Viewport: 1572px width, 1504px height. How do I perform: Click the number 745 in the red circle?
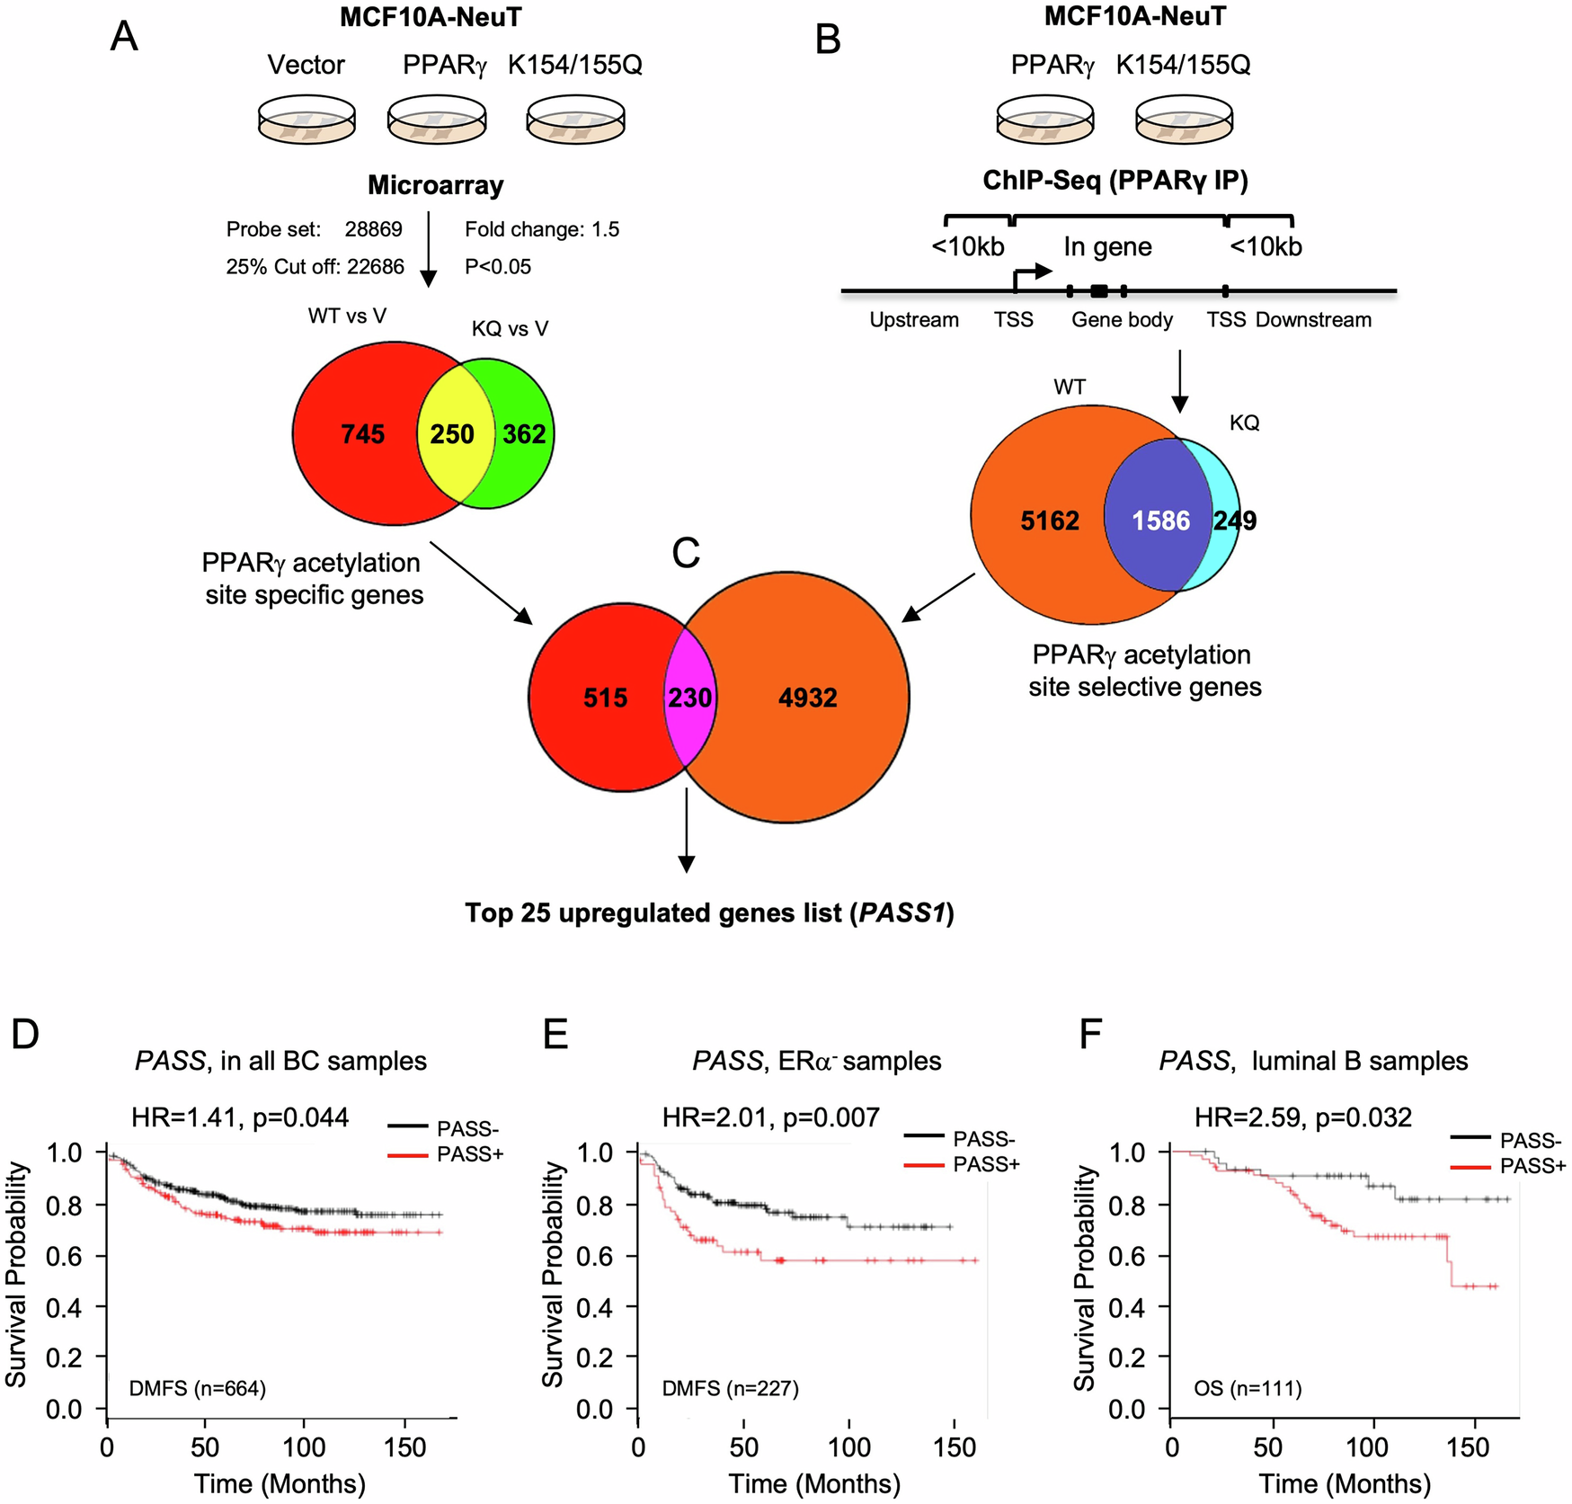tap(362, 434)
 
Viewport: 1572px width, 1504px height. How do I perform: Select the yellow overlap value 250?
tap(451, 434)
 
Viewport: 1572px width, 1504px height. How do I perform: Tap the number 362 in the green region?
tap(524, 434)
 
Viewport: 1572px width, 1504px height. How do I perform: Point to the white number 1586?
tap(1160, 521)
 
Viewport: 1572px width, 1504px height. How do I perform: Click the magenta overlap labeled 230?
tap(689, 698)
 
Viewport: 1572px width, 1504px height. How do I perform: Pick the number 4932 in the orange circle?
tap(807, 698)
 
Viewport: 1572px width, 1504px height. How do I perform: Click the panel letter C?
tap(686, 554)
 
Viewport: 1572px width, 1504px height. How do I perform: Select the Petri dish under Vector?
tap(306, 120)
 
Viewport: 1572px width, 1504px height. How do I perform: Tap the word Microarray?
tap(436, 185)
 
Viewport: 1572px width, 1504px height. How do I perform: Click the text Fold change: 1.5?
tap(542, 229)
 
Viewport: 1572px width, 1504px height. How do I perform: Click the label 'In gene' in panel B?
tap(1107, 246)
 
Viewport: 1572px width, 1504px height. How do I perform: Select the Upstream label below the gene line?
tap(913, 320)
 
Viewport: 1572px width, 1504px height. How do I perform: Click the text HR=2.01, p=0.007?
tap(770, 1117)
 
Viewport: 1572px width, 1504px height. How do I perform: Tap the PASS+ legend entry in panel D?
tap(469, 1154)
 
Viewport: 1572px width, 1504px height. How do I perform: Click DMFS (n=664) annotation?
tap(197, 1389)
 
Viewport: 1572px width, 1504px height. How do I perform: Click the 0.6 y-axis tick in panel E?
tap(594, 1256)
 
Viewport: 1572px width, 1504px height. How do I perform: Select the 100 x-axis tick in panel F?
tap(1366, 1447)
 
